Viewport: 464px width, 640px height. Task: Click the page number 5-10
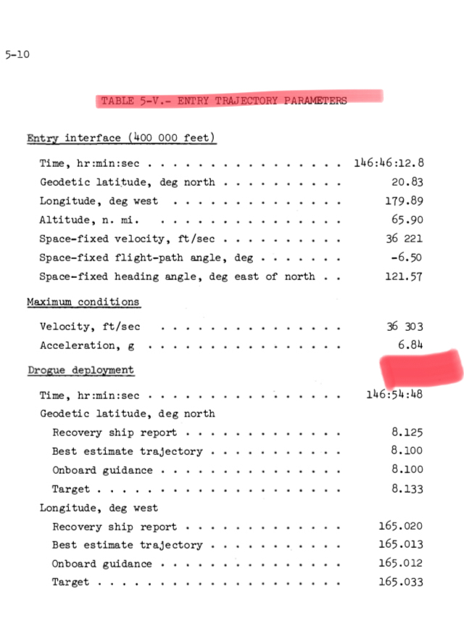[17, 54]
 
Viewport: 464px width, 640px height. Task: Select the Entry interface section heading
[120, 138]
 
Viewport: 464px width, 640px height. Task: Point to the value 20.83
[408, 182]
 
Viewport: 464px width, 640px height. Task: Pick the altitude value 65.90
[408, 220]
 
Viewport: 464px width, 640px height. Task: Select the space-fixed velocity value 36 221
[405, 239]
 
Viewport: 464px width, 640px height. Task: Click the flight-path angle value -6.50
[407, 258]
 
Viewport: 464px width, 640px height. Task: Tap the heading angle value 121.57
[405, 276]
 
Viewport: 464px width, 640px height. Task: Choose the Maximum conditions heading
[83, 301]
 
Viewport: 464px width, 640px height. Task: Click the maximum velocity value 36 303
[405, 327]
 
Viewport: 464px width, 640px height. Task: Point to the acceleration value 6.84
[410, 345]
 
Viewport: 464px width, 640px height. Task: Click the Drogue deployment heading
[80, 370]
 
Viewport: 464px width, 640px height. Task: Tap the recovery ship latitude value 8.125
[407, 432]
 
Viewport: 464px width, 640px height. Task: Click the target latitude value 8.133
[407, 489]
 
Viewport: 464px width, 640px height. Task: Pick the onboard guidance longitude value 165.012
[401, 564]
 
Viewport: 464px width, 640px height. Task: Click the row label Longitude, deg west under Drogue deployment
[98, 507]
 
